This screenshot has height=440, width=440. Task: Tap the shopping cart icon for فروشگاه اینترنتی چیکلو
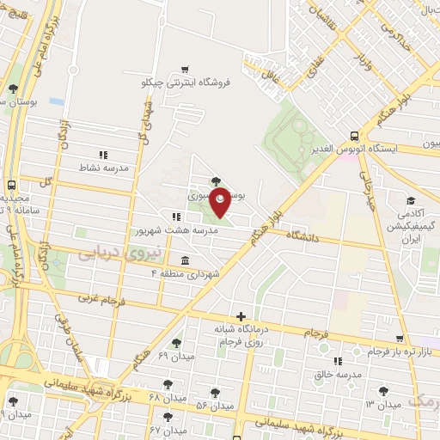coord(186,69)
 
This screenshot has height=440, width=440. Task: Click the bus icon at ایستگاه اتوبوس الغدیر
coord(354,135)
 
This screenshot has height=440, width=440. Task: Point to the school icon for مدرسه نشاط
coord(103,155)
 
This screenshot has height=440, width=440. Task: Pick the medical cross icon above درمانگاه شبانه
coord(241,316)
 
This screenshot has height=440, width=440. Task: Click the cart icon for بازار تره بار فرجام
coord(400,339)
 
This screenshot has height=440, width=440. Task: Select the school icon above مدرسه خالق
coord(337,361)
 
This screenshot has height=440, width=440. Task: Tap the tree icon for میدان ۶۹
coord(177,343)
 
